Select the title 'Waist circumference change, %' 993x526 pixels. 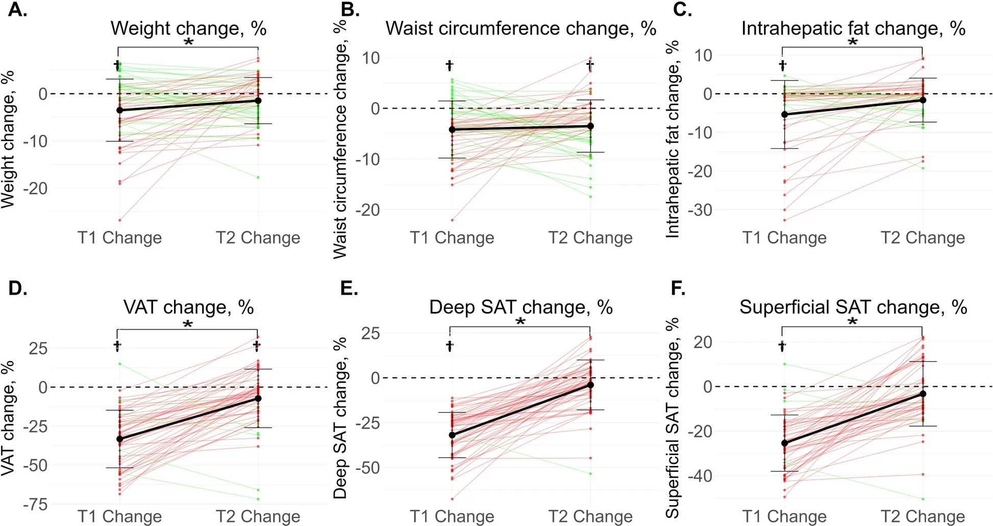click(x=520, y=29)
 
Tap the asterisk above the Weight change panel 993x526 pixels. click(x=188, y=42)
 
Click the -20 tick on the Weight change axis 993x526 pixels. click(x=36, y=189)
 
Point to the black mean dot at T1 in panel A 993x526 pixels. click(x=120, y=110)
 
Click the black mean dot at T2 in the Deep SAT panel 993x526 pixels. click(x=590, y=385)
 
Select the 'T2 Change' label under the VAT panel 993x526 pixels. click(x=258, y=516)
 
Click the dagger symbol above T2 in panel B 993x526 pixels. click(x=590, y=65)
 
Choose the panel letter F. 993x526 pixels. click(x=678, y=288)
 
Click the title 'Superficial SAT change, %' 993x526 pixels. click(x=853, y=307)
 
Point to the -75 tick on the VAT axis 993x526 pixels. click(x=35, y=505)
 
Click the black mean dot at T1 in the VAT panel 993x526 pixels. click(x=120, y=439)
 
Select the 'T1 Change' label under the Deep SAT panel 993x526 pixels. click(x=452, y=516)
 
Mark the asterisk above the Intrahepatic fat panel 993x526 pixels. click(x=853, y=42)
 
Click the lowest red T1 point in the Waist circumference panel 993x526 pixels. click(x=452, y=220)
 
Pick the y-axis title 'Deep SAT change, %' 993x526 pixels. click(x=340, y=417)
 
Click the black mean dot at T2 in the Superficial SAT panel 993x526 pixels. click(x=923, y=393)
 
